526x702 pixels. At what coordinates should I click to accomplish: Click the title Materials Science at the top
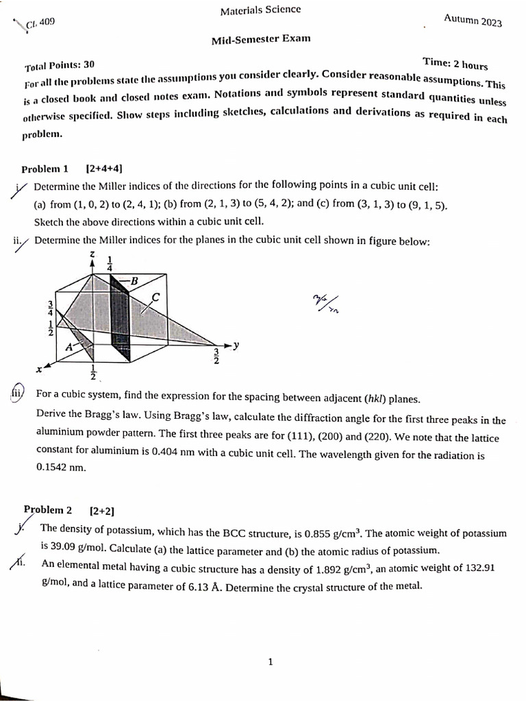pyautogui.click(x=260, y=10)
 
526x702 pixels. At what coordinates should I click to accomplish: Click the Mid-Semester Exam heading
pyautogui.click(x=260, y=38)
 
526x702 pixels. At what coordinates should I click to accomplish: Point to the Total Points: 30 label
pyautogui.click(x=60, y=65)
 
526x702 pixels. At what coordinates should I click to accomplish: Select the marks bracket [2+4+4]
pyautogui.click(x=104, y=169)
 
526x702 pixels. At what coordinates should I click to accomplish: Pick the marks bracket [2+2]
pyautogui.click(x=101, y=511)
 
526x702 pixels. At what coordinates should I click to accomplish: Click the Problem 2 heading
pyautogui.click(x=48, y=510)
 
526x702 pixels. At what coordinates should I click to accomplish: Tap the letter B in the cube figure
pyautogui.click(x=134, y=280)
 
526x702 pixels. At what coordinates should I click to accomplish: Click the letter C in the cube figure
pyautogui.click(x=155, y=297)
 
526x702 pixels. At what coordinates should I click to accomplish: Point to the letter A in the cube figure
pyautogui.click(x=68, y=347)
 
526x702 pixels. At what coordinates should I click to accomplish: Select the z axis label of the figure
pyautogui.click(x=92, y=254)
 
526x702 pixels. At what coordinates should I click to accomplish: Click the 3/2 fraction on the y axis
pyautogui.click(x=216, y=357)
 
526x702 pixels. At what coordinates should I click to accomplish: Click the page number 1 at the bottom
pyautogui.click(x=271, y=662)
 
